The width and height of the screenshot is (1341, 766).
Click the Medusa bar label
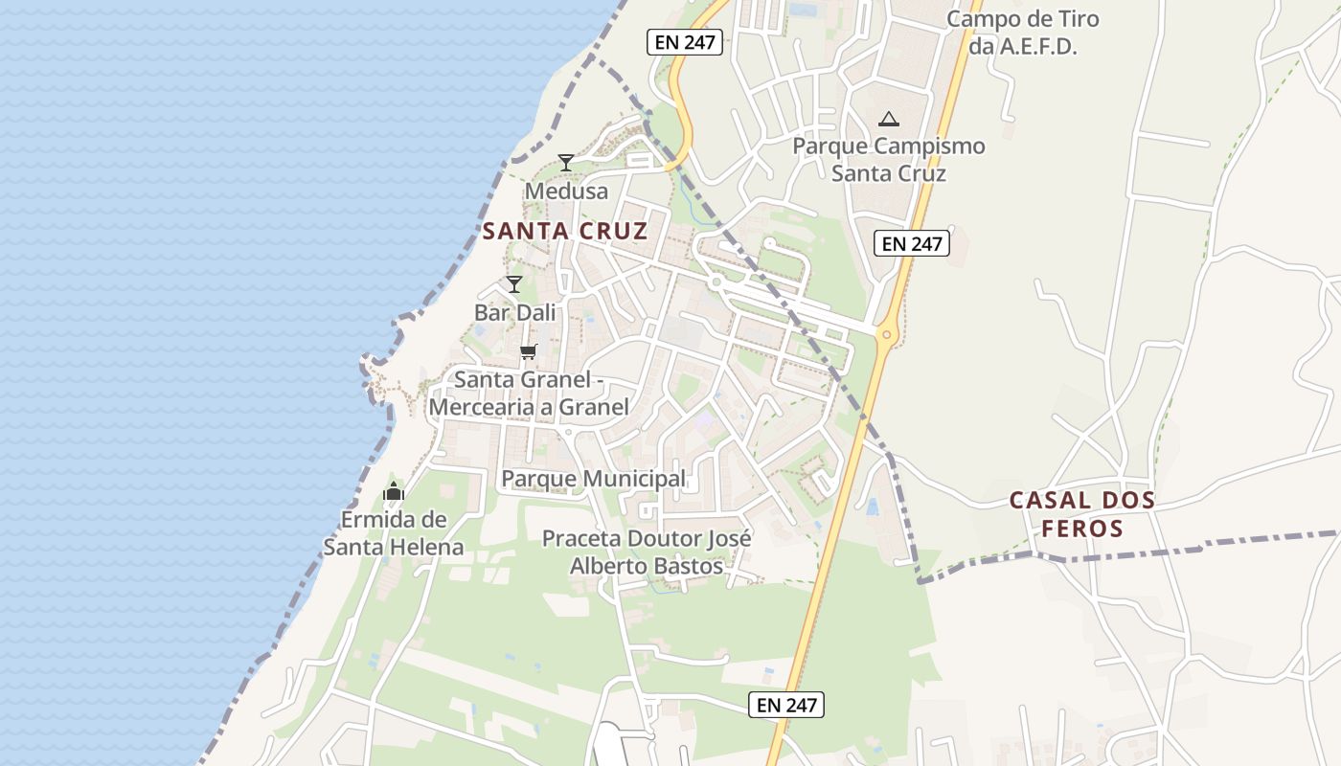pos(566,191)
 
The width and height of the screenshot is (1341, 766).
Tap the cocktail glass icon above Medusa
pos(566,162)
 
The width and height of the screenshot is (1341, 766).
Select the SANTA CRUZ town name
pos(565,231)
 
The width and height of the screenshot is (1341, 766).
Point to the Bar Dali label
pos(514,312)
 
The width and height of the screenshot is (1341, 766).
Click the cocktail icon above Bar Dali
pos(514,283)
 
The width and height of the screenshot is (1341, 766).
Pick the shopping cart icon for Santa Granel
pos(528,351)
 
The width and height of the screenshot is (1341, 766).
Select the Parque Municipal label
pos(594,479)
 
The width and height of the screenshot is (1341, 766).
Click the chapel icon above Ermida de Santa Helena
pos(394,493)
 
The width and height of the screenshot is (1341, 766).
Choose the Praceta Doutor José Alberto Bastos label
pos(647,552)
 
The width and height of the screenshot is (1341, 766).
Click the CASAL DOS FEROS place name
pos(1082,514)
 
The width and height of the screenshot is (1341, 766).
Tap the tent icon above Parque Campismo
pos(889,120)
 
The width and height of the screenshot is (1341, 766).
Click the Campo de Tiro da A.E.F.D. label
pos(1023,33)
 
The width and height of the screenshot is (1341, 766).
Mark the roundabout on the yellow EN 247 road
pos(887,335)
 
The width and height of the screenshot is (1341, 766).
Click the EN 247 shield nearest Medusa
pos(685,42)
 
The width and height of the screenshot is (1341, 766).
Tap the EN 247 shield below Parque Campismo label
pos(912,244)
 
